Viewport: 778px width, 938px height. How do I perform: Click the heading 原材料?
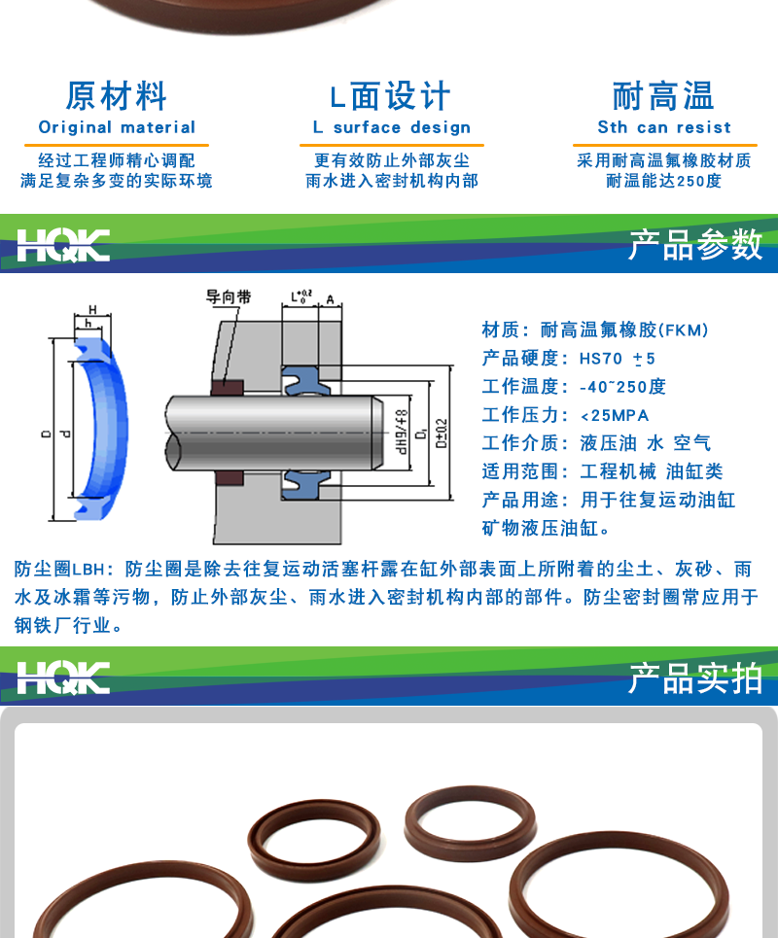click(x=117, y=96)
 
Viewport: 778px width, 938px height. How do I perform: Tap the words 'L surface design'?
click(x=391, y=127)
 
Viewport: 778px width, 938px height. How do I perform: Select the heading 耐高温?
click(x=663, y=96)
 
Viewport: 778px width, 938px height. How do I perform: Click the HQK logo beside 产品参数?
click(x=62, y=245)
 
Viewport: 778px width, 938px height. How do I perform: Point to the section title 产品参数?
click(x=694, y=245)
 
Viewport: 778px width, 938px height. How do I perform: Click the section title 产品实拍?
click(x=694, y=678)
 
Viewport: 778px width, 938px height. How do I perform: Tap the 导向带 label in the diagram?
click(x=228, y=297)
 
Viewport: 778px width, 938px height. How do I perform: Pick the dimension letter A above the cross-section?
click(x=331, y=298)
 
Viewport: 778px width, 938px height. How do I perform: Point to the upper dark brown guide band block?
click(x=228, y=387)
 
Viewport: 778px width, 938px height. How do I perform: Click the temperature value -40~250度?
click(x=622, y=387)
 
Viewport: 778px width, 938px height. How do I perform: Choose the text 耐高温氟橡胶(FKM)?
click(x=624, y=330)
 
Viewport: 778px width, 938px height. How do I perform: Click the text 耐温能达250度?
click(x=663, y=181)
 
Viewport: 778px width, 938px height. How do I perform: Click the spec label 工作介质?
click(x=520, y=443)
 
